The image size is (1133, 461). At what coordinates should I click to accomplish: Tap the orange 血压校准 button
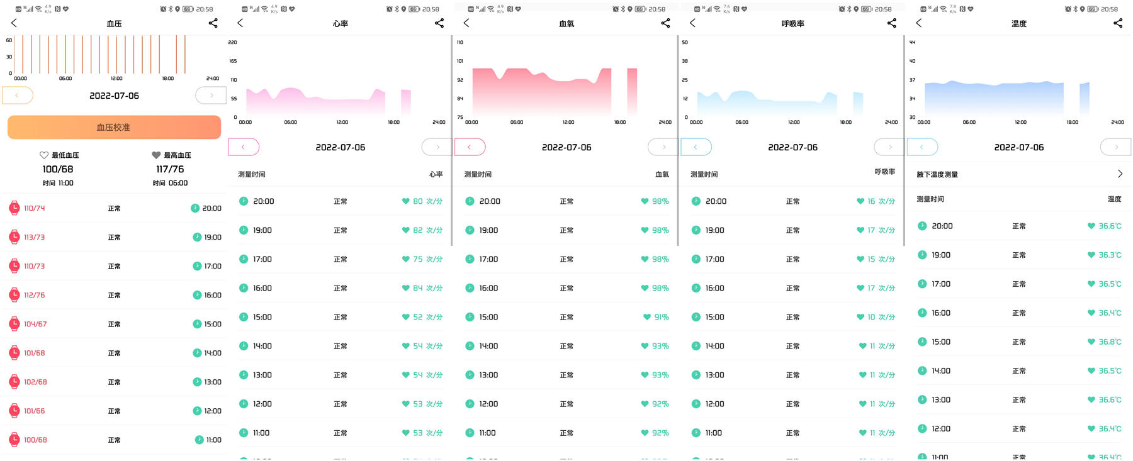click(114, 127)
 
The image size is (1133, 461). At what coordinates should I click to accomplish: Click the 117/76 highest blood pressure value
click(170, 169)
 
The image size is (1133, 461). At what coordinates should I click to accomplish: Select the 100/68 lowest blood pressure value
click(58, 169)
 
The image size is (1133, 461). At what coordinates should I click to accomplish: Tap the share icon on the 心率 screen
click(439, 23)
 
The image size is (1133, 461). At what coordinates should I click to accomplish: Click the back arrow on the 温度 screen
click(919, 23)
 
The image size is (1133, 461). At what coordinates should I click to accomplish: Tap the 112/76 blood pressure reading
click(35, 295)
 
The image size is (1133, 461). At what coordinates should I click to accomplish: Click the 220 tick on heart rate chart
click(232, 42)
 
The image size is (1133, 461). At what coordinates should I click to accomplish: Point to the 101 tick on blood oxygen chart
click(459, 61)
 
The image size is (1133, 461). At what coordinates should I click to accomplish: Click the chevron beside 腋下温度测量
click(1120, 174)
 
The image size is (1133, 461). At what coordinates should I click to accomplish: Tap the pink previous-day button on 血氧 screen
click(470, 147)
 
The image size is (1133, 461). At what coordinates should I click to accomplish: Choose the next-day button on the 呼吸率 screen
click(889, 147)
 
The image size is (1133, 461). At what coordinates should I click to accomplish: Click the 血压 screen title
click(114, 23)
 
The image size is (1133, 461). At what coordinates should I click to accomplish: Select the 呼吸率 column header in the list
click(884, 172)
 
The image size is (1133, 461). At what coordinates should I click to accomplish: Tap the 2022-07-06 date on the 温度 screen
click(1018, 147)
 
